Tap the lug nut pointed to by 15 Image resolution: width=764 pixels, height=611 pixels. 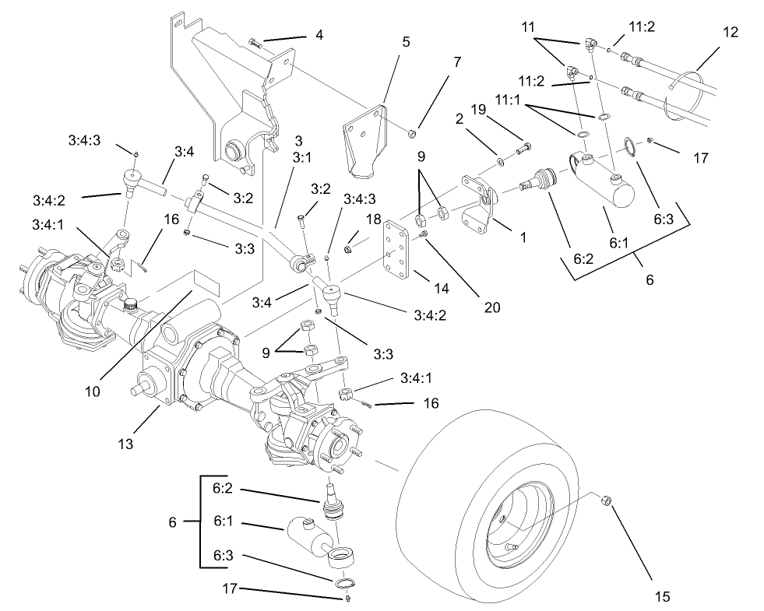(604, 501)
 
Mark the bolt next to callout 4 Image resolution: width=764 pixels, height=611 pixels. (255, 40)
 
